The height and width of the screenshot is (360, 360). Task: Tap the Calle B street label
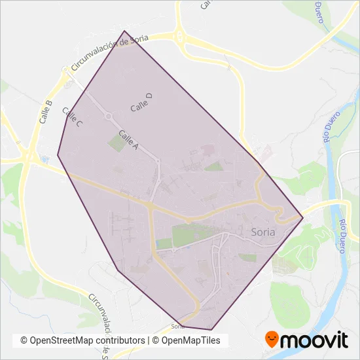[x=45, y=112]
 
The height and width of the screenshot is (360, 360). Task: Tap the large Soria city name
[x=264, y=232]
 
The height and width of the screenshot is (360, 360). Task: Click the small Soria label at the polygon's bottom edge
[x=177, y=325]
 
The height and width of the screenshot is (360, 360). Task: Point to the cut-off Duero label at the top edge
[x=320, y=11]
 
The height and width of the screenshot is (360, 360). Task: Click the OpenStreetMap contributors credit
[x=82, y=340]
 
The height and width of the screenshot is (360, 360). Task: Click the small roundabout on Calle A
[x=108, y=117]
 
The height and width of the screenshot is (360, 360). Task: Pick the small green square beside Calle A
[x=116, y=143]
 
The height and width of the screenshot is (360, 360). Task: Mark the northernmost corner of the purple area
[x=124, y=31]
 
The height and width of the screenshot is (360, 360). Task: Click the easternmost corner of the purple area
[x=303, y=217]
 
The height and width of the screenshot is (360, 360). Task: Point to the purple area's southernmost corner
[x=211, y=330]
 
